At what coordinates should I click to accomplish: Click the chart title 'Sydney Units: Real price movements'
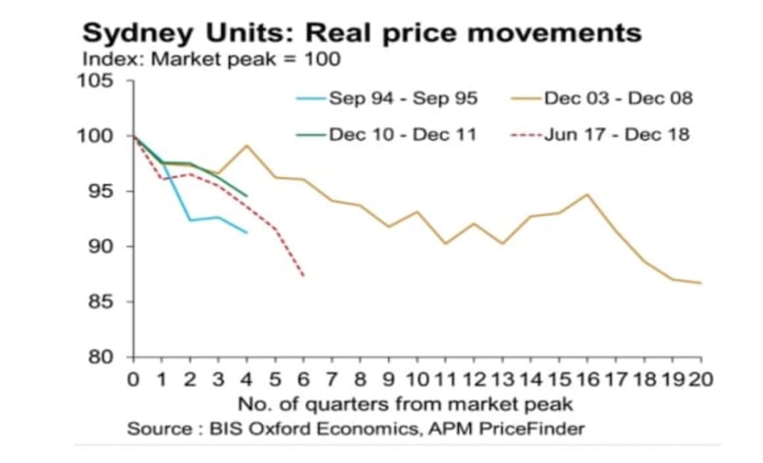[362, 33]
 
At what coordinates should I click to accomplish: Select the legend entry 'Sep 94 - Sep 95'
[403, 99]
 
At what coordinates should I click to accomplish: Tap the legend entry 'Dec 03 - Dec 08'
[618, 99]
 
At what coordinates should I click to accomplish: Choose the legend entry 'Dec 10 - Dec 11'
[403, 135]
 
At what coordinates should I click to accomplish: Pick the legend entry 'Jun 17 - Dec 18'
[616, 135]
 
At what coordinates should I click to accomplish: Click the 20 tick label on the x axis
[700, 379]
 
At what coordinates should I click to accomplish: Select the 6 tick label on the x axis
[303, 379]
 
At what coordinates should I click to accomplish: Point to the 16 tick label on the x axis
[586, 379]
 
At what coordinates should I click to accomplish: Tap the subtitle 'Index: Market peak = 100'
[211, 59]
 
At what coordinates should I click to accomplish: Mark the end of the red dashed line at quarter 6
[303, 276]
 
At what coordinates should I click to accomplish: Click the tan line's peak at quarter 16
[586, 194]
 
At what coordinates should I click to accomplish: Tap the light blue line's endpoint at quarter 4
[247, 232]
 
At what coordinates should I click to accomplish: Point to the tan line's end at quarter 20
[700, 283]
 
